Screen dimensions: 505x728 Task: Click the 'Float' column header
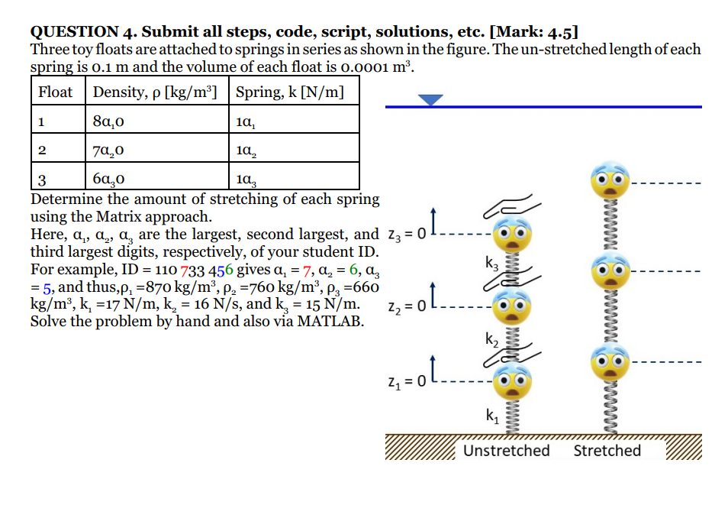(56, 92)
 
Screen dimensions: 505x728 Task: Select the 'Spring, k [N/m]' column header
(289, 92)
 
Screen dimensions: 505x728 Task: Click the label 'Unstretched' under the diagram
(506, 450)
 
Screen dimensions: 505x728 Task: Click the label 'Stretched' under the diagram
(607, 450)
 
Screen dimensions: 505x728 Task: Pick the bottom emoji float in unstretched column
(507, 380)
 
